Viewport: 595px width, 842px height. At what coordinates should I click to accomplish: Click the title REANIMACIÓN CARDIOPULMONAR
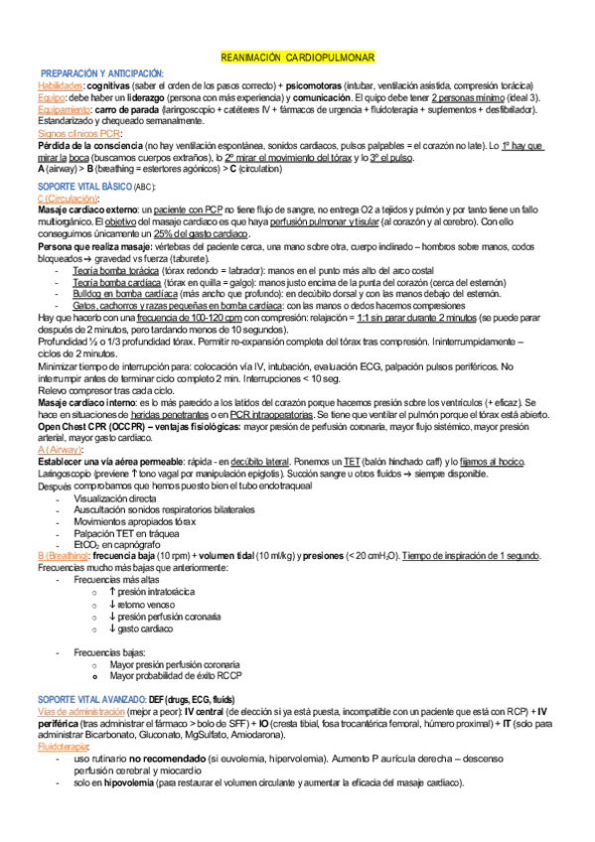pyautogui.click(x=296, y=60)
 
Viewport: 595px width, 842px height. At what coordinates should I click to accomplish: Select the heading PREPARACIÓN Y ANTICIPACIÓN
pyautogui.click(x=102, y=75)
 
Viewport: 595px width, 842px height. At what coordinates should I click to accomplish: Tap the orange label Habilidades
pyautogui.click(x=57, y=86)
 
